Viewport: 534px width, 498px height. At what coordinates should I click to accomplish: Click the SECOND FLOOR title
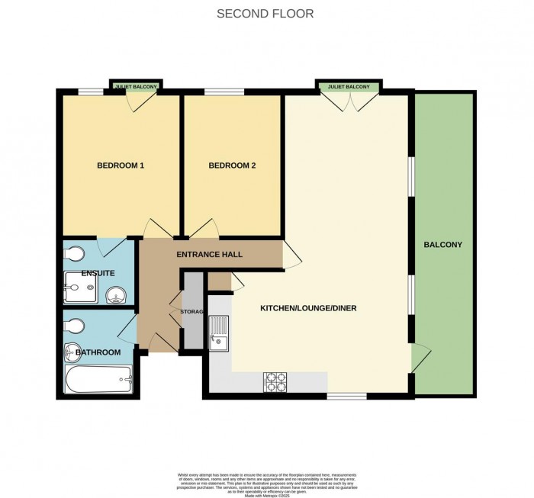point(265,14)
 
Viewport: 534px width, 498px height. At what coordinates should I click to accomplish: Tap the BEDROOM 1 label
point(121,165)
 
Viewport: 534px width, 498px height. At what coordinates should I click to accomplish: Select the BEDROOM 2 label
point(232,165)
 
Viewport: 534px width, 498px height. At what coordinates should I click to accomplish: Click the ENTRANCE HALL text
point(209,253)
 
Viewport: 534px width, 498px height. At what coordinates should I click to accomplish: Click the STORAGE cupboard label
point(192,311)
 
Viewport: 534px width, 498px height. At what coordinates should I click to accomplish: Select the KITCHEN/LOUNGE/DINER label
point(309,308)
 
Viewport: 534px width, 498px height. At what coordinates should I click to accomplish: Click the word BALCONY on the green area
point(444,245)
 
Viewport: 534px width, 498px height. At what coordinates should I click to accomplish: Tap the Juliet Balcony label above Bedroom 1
point(136,87)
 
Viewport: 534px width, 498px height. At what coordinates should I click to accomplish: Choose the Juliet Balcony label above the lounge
point(349,87)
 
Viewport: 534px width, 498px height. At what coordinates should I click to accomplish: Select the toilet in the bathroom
point(72,326)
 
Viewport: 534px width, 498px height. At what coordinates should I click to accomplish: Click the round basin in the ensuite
point(116,294)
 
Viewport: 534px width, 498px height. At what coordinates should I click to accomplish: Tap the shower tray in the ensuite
point(80,288)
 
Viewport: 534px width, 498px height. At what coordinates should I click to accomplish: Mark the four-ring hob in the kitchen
point(275,381)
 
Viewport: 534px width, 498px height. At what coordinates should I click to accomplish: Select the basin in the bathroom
point(74,352)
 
